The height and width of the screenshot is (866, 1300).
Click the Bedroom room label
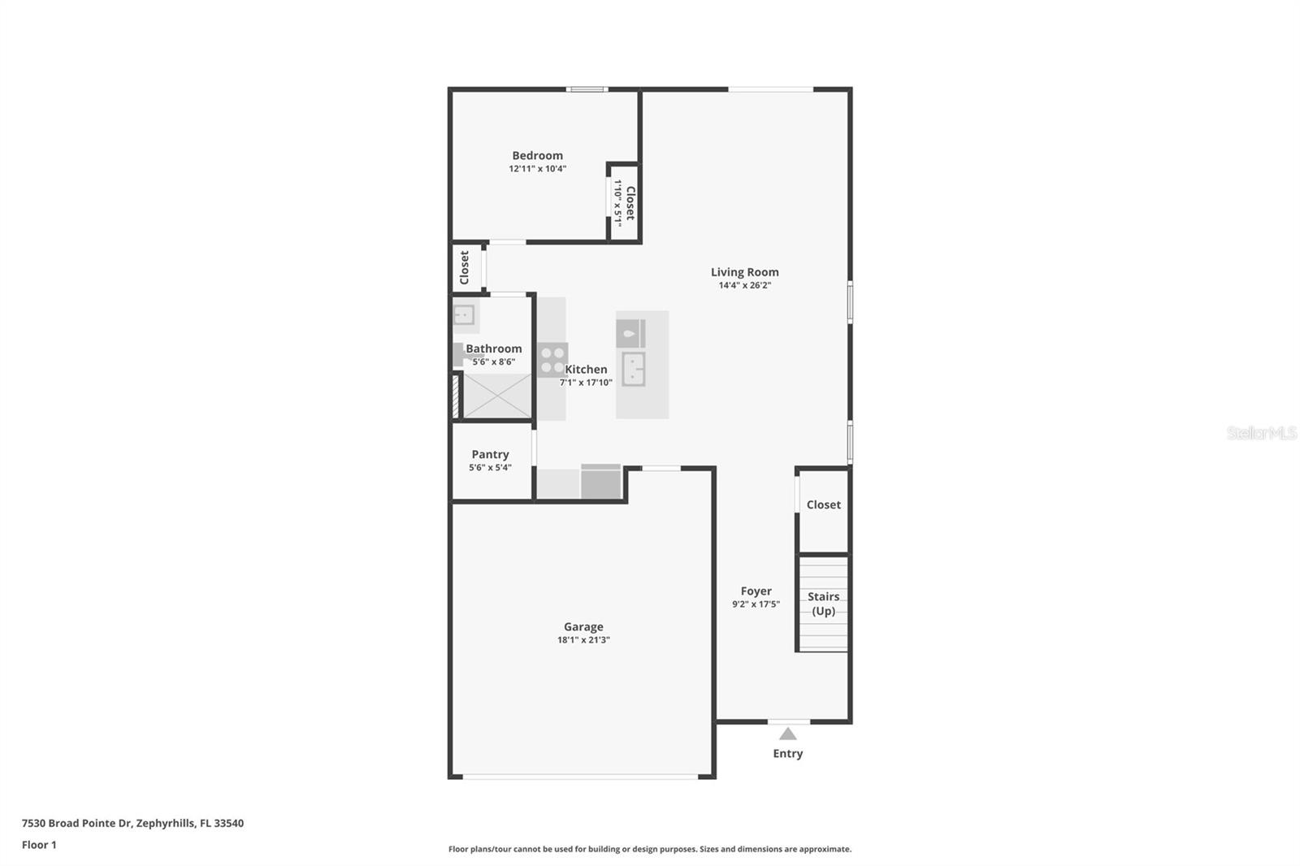pos(537,156)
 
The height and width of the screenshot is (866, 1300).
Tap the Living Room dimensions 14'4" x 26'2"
pos(744,285)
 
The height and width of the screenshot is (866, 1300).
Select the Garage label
pos(583,626)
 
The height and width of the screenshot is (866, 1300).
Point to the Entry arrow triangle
pos(787,734)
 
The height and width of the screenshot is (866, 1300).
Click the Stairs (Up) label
pos(823,604)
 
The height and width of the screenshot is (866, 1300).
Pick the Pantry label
pos(490,454)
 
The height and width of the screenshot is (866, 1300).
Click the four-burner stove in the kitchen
pos(552,359)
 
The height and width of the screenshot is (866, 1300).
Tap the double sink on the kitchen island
pos(634,368)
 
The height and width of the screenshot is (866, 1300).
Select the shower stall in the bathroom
pos(496,396)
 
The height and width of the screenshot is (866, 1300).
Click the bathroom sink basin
pos(464,314)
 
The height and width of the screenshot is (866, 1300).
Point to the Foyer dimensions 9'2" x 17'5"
pos(756,604)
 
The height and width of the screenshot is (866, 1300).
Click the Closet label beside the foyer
pos(823,504)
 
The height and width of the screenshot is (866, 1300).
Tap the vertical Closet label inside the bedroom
pos(630,203)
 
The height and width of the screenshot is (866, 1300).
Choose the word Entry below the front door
pos(787,753)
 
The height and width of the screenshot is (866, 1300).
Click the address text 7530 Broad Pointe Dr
pos(76,823)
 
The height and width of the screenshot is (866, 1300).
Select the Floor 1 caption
pos(39,845)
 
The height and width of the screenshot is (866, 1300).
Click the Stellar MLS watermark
pos(1261,433)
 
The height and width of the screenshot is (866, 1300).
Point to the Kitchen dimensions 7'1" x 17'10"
pos(586,383)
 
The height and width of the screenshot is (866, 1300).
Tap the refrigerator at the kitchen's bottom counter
pos(600,482)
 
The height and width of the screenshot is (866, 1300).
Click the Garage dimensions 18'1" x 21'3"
pos(583,640)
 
